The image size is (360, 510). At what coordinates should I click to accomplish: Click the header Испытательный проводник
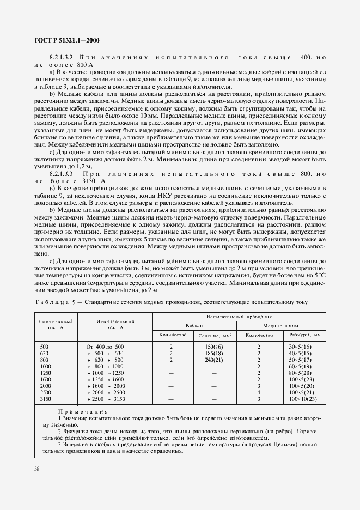click(236, 316)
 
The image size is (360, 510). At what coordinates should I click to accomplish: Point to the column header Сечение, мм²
click(214, 335)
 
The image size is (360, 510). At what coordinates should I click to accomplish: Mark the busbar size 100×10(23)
click(303, 399)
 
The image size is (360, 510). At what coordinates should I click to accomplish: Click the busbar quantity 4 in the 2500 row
click(259, 393)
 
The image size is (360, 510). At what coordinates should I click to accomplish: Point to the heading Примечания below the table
click(82, 412)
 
